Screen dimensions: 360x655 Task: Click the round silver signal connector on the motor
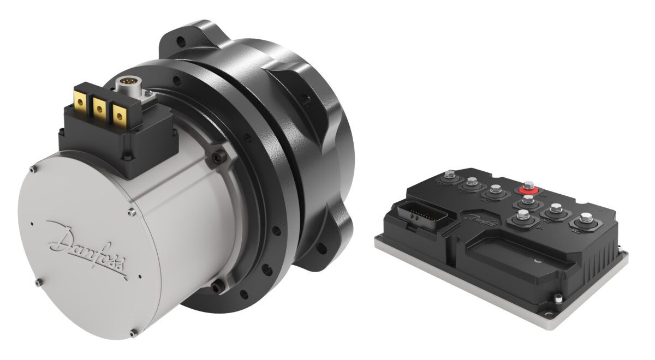(129, 85)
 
